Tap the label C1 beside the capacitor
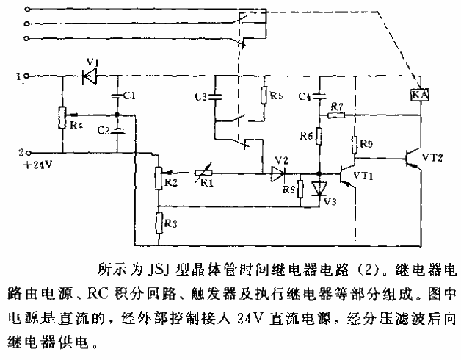point(129,96)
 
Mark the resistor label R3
point(170,221)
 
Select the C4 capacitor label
point(306,96)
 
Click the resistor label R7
point(337,107)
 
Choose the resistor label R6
point(307,137)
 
